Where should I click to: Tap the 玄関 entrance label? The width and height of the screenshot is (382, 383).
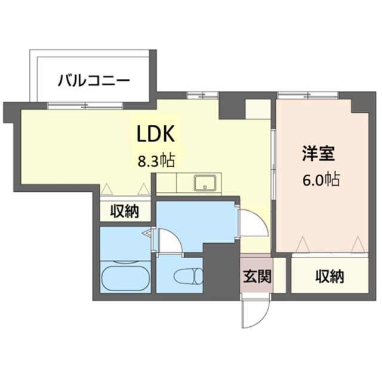pos(257,276)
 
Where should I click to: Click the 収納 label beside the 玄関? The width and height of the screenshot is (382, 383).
pos(329,276)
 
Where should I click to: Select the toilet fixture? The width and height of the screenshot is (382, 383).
pos(187,277)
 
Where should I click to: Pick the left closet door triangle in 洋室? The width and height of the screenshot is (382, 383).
pos(303,244)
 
